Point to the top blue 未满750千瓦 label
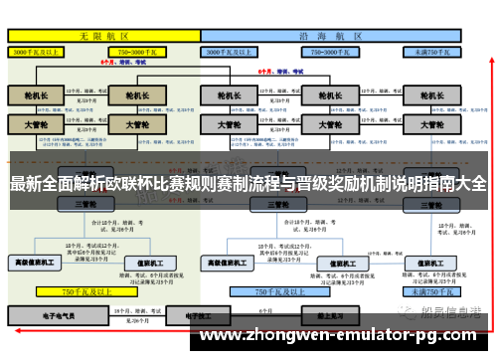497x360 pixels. point(431,50)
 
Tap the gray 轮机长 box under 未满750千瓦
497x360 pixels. point(431,95)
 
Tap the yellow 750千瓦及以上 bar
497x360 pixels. point(85,292)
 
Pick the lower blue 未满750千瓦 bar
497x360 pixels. point(431,292)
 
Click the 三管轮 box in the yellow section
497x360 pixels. point(85,203)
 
